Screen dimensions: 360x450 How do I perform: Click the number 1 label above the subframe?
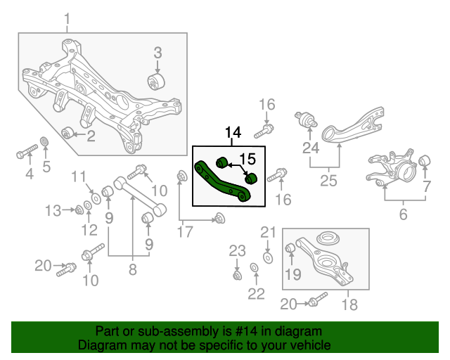tap(67, 18)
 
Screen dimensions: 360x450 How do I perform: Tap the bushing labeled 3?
tap(157, 82)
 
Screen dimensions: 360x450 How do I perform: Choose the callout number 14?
tap(233, 132)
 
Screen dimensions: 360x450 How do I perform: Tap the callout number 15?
tap(247, 158)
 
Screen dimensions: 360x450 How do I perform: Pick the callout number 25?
tap(328, 181)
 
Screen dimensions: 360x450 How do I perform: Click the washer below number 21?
tap(268, 258)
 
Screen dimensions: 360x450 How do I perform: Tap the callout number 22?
tap(257, 293)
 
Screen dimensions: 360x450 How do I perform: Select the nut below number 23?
tap(237, 274)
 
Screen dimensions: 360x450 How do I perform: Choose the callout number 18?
tap(349, 304)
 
